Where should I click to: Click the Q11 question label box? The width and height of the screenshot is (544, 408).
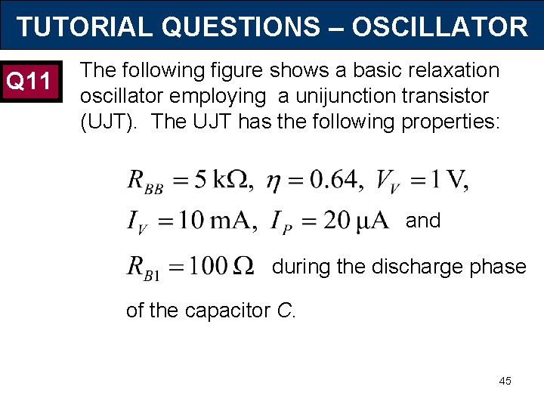[x=29, y=79]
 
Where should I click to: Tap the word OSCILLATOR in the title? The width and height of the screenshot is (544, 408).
[x=440, y=27]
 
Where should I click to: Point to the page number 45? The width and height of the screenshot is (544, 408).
[x=505, y=381]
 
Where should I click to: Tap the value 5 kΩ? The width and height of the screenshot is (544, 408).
[x=224, y=180]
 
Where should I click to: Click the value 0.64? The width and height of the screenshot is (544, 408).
[x=327, y=180]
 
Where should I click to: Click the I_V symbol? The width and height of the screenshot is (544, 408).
[x=138, y=222]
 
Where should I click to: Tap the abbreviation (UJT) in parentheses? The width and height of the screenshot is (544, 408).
[x=109, y=121]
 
